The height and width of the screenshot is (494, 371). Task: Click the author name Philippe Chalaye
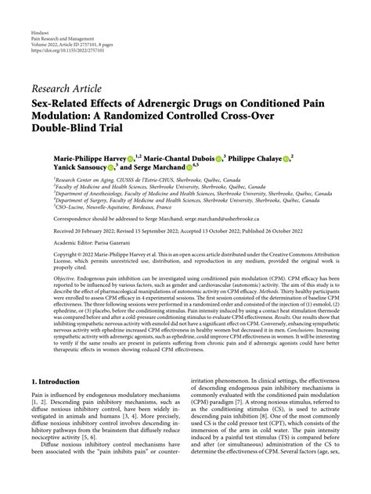[253, 157]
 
